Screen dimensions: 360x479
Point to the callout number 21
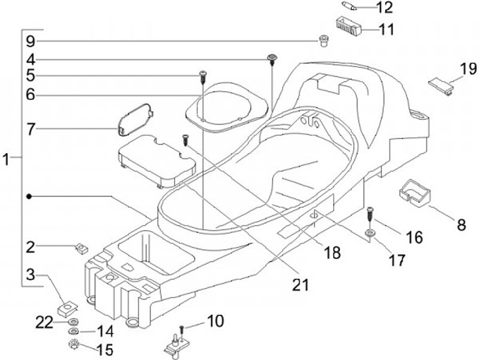(301, 285)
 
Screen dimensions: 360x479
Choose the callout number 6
(30, 95)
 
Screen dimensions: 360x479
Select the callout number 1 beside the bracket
(7, 160)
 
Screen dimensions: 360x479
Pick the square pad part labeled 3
(67, 309)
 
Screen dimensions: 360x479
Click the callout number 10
(215, 322)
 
